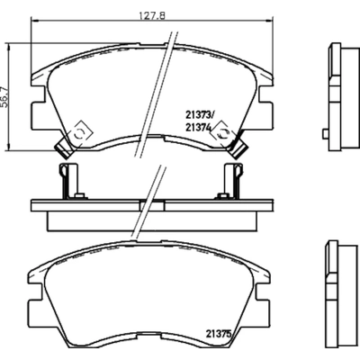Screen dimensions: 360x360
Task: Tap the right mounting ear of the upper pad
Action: pos(269,112)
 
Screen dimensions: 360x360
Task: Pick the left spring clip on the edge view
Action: pos(65,180)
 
